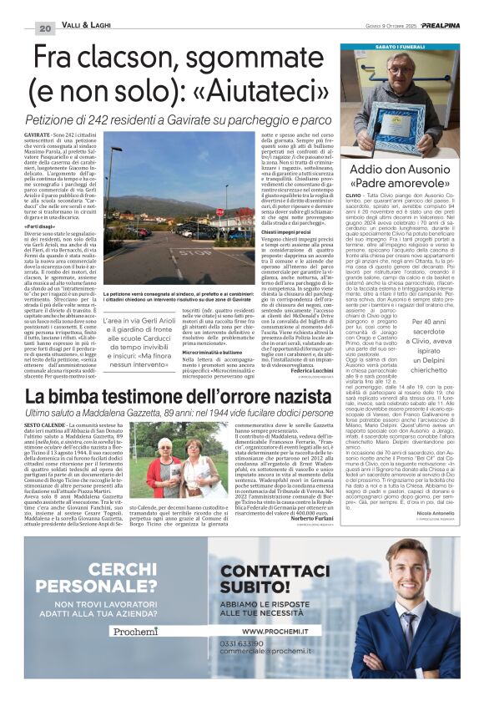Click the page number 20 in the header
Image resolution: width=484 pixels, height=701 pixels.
(x=45, y=28)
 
